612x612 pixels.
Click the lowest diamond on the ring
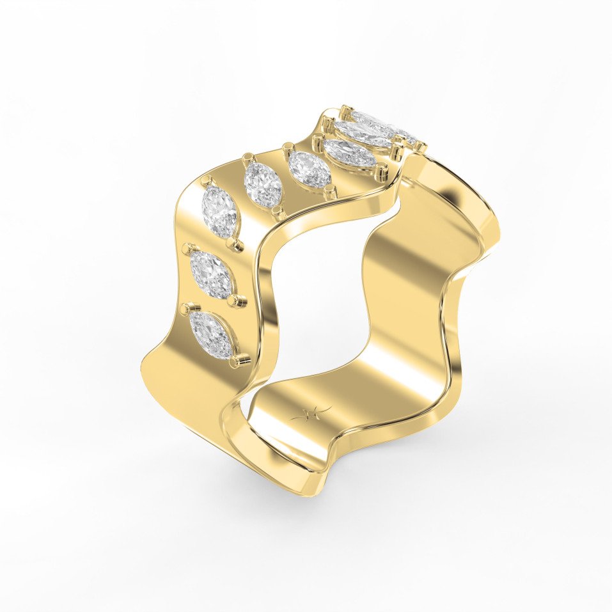click(212, 335)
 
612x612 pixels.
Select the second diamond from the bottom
click(211, 274)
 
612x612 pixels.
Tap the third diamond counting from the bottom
click(219, 212)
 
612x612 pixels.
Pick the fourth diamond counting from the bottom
click(263, 184)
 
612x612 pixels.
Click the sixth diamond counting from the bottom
click(349, 153)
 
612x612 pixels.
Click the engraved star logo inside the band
click(311, 412)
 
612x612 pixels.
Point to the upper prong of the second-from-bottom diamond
click(187, 247)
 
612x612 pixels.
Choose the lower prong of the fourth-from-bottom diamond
click(276, 210)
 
